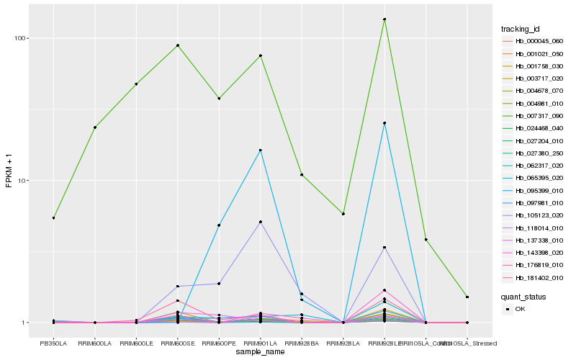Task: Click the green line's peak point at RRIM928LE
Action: click(384, 19)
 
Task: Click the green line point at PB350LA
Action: click(53, 217)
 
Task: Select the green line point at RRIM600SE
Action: click(177, 45)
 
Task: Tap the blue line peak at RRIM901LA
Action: click(260, 150)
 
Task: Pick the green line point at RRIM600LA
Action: click(94, 127)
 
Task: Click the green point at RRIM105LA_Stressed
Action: click(467, 297)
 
